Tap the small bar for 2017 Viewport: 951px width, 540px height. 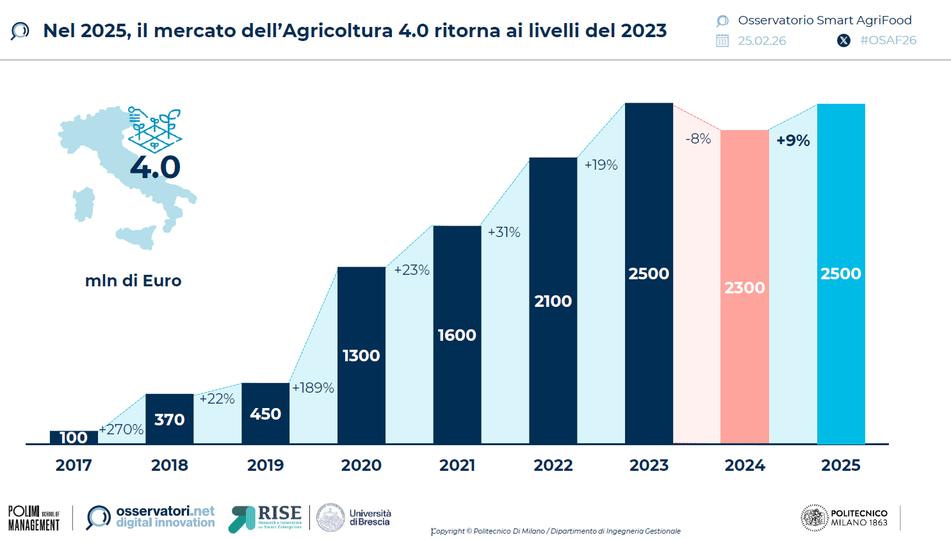(x=74, y=438)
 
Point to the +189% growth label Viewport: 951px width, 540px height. (x=313, y=388)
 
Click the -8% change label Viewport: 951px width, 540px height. (x=698, y=138)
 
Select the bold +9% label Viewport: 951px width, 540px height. (x=793, y=140)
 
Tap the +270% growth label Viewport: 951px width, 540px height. (x=122, y=429)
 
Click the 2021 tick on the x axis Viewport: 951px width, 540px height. (x=457, y=465)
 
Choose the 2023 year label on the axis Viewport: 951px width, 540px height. (x=649, y=465)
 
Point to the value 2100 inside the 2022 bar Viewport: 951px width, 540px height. (x=553, y=301)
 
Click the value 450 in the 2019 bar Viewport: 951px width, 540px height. (x=265, y=414)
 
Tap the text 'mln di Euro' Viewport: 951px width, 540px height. (x=133, y=281)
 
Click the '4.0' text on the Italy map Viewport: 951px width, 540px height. (x=155, y=167)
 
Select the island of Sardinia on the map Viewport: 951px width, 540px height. (x=84, y=204)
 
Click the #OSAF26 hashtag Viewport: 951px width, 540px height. (x=888, y=40)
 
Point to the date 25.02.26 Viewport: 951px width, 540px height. (x=761, y=41)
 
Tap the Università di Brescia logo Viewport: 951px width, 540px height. (x=354, y=518)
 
